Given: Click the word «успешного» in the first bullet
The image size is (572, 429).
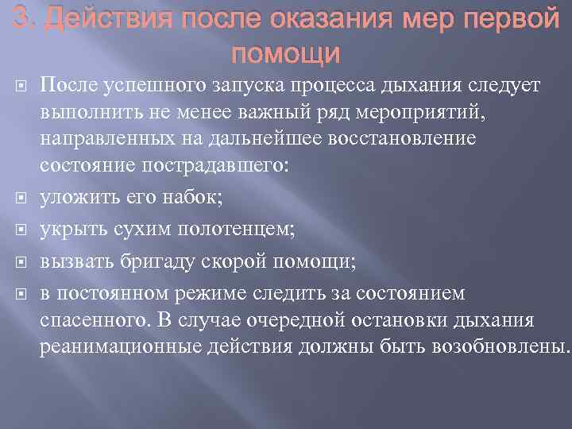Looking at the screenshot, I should pos(136,86).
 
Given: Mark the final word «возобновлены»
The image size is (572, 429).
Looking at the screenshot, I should pos(497,346).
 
